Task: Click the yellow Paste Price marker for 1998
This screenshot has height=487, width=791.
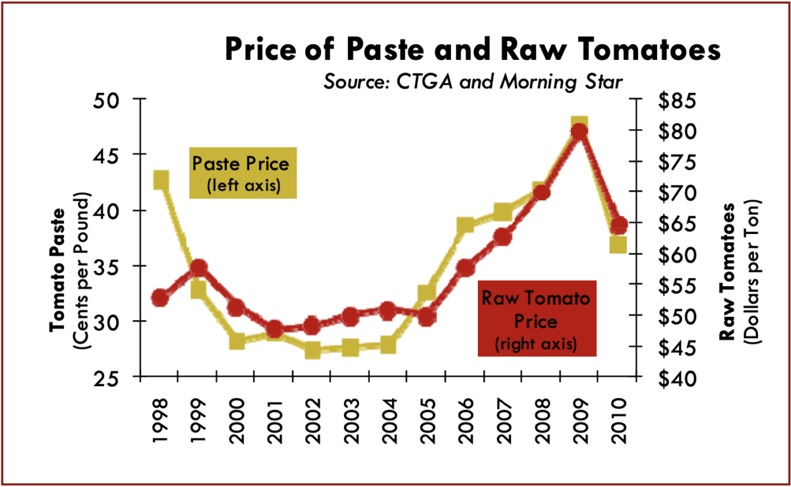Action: click(x=161, y=180)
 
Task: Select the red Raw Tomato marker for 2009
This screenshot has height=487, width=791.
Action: click(x=579, y=131)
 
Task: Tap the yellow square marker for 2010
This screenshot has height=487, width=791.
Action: click(x=618, y=244)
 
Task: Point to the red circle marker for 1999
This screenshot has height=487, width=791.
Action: click(x=199, y=268)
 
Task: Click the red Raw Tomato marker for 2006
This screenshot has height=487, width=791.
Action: click(x=465, y=268)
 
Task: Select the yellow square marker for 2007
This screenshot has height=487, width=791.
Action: click(x=504, y=212)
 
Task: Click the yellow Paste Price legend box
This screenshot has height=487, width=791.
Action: click(x=243, y=173)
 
